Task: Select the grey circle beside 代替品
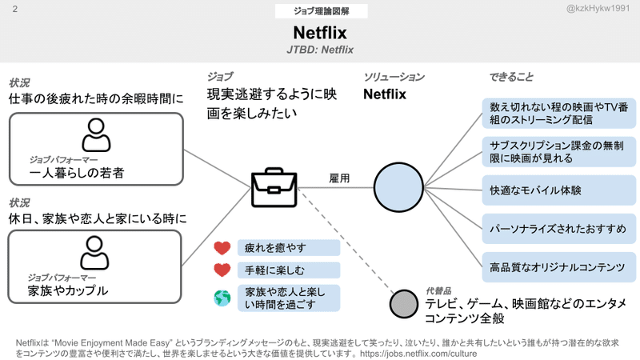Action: [405, 305]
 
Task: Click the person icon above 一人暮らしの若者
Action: [97, 135]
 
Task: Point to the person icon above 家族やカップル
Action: [97, 254]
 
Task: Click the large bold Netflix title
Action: [320, 34]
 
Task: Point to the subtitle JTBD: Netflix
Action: [320, 50]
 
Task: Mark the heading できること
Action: [511, 77]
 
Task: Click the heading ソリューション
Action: [394, 77]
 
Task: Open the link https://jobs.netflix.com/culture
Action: [414, 353]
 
